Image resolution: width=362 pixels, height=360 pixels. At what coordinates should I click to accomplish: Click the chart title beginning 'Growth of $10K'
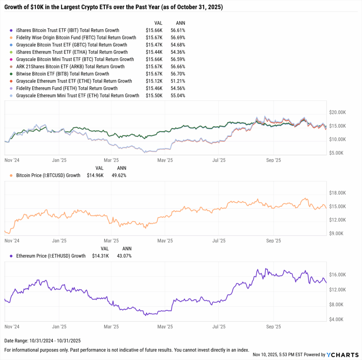(113, 7)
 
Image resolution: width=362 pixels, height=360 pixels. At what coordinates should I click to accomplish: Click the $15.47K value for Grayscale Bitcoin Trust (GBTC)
(154, 45)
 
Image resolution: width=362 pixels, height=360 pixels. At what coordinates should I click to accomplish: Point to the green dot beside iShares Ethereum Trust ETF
(12, 52)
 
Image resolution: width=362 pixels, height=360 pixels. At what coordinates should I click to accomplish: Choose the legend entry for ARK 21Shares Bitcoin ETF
(70, 67)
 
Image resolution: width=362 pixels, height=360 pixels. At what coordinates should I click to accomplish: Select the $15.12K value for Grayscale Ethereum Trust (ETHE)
(154, 81)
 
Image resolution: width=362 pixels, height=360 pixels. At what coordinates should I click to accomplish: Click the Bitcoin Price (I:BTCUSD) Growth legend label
(48, 175)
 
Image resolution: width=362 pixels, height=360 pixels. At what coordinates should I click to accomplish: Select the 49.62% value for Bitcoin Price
(119, 175)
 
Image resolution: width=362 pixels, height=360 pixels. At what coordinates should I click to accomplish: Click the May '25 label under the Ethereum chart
(165, 327)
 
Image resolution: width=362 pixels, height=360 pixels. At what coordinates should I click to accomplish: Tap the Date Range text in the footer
(42, 341)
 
